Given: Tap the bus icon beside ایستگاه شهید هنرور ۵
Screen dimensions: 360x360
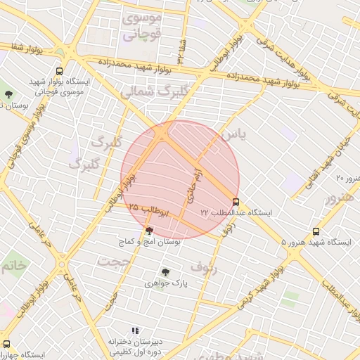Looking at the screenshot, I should [316, 231].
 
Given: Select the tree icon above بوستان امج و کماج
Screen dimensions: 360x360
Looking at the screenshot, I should [149, 231].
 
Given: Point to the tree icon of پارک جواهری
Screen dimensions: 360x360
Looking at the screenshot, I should [166, 272].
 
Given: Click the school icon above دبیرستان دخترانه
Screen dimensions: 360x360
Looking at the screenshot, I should [135, 330].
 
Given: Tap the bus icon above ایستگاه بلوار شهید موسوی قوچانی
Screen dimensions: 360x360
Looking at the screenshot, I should [59, 71].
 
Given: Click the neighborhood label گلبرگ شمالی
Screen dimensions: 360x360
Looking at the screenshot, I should [155, 91].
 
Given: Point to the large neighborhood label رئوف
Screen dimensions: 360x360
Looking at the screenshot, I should [205, 267].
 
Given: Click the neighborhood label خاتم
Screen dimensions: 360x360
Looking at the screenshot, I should [14, 265].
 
